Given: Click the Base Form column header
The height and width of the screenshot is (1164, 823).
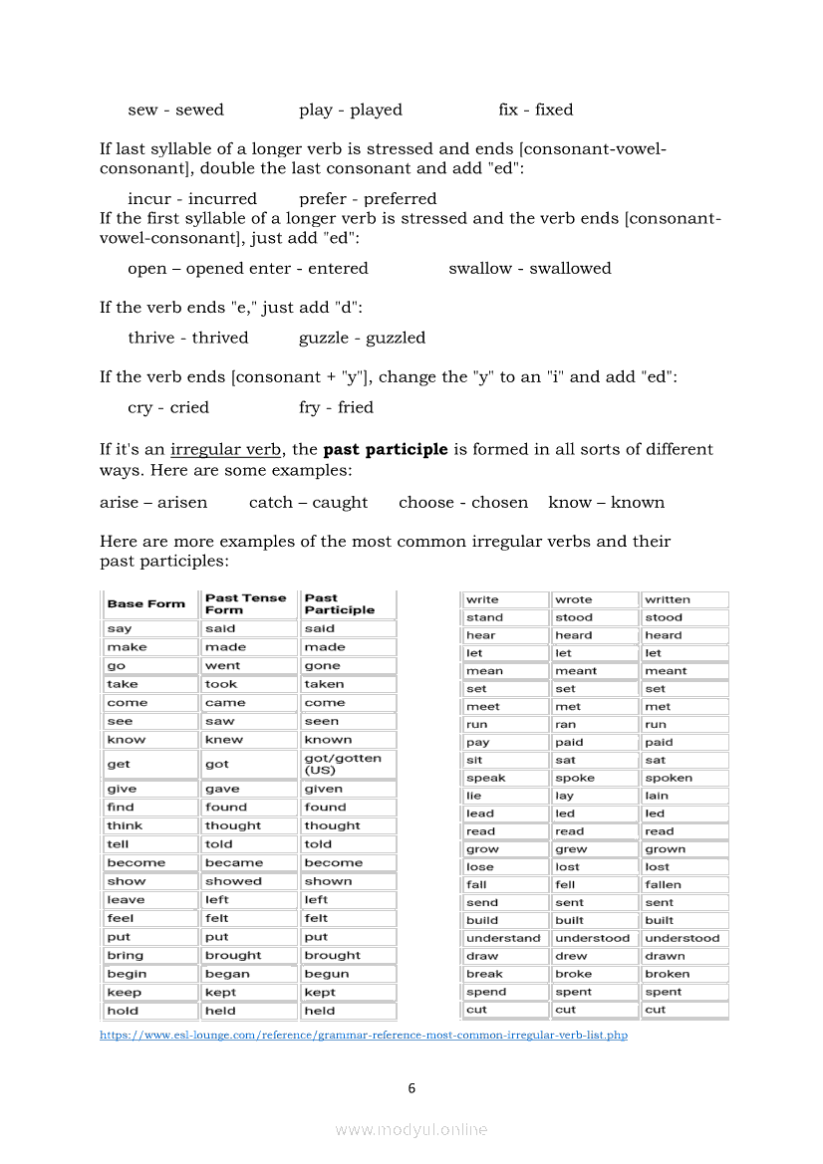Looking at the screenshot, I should click(146, 603).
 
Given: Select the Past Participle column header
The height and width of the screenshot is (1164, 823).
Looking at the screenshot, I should click(340, 603).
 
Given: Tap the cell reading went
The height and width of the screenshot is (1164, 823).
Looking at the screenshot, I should click(222, 665).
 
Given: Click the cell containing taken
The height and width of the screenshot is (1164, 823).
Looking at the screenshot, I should click(324, 684).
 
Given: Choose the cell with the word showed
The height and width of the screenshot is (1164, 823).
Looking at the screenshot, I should click(233, 881).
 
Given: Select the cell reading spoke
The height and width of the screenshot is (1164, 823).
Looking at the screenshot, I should click(575, 778).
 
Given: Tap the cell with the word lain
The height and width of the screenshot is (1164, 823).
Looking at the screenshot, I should click(657, 796).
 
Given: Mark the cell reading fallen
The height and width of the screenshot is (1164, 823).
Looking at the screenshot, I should click(664, 884).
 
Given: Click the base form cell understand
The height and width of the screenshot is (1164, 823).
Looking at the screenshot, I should click(503, 938).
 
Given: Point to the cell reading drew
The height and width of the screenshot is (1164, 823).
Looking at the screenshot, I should click(571, 956).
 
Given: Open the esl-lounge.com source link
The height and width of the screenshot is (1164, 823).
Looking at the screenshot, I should click(364, 1036).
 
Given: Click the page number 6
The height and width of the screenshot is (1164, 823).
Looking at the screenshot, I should click(411, 1088).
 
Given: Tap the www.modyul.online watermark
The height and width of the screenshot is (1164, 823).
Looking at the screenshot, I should click(411, 1129).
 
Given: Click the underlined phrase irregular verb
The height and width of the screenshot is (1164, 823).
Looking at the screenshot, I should click(225, 449).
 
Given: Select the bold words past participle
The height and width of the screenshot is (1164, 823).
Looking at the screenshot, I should click(386, 449).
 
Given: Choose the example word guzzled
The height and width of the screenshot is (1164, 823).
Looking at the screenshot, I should click(396, 338).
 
